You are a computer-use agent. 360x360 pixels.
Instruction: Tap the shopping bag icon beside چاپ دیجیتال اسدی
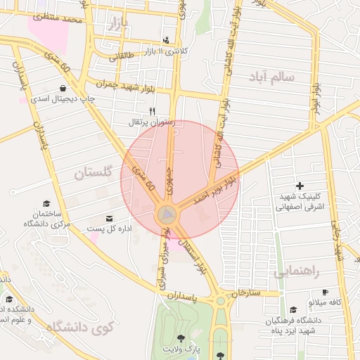coord(64,89)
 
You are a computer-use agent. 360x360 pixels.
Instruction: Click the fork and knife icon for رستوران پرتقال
coord(152,111)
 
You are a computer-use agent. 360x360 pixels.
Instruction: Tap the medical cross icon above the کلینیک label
coord(300,186)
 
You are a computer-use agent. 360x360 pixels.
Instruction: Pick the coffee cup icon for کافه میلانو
coord(325,292)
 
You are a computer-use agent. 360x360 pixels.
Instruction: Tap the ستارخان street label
coord(245,291)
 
